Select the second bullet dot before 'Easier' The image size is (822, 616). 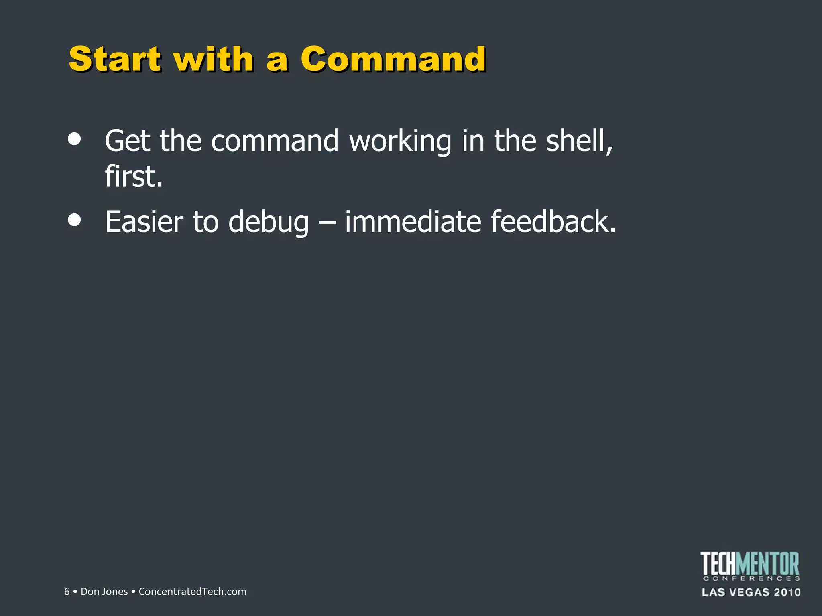click(x=75, y=220)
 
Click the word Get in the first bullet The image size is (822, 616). click(x=127, y=141)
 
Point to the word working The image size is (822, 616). click(x=400, y=141)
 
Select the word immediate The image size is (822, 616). click(x=413, y=222)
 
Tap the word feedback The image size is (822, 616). click(x=553, y=222)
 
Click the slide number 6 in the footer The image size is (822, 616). click(x=67, y=592)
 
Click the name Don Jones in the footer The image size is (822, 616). click(x=104, y=592)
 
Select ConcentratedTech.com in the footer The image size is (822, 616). click(x=192, y=592)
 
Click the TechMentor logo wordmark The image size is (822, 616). click(x=749, y=563)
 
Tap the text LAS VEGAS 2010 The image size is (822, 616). click(x=751, y=592)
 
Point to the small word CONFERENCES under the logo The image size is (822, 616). click(x=751, y=578)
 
